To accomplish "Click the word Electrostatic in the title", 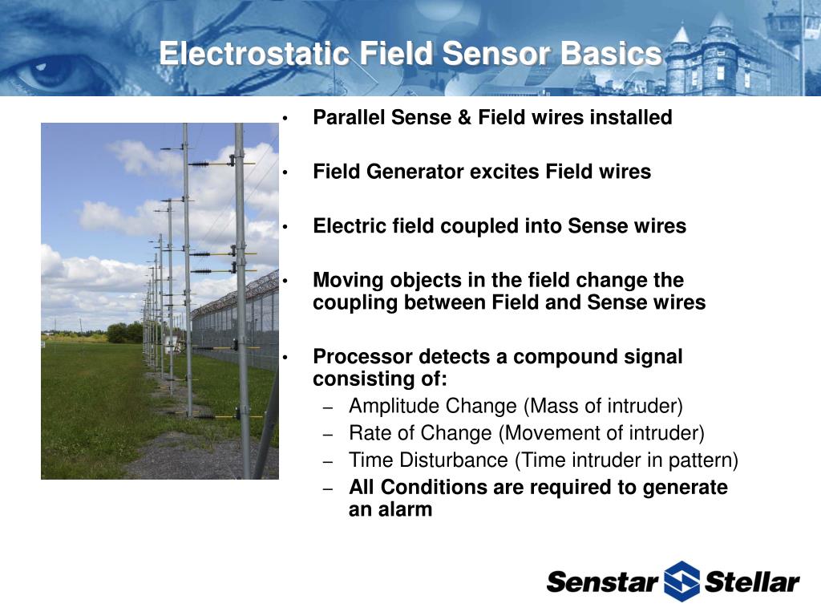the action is click(x=254, y=54).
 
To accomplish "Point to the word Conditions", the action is click(x=434, y=487).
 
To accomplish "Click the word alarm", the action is click(x=406, y=509).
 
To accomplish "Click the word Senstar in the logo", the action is click(x=602, y=582).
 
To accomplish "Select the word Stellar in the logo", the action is click(x=752, y=582).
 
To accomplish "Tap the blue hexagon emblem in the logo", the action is click(x=681, y=581).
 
